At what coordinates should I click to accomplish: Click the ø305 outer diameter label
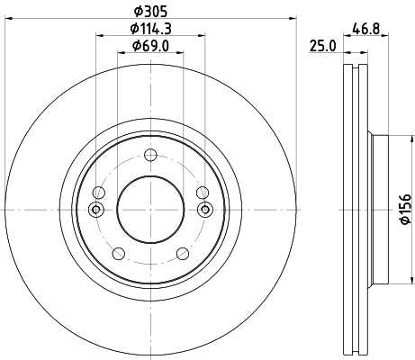pyautogui.click(x=150, y=12)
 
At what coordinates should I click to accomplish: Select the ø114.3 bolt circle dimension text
pyautogui.click(x=150, y=29)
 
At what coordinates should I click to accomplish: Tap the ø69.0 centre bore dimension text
pyautogui.click(x=150, y=46)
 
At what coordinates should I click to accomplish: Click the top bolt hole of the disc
pyautogui.click(x=150, y=155)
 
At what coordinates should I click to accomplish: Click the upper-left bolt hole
pyautogui.click(x=99, y=193)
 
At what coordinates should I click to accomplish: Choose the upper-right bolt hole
pyautogui.click(x=202, y=193)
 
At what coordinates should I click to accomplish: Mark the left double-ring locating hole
pyautogui.click(x=96, y=210)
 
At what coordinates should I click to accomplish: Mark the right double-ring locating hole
pyautogui.click(x=204, y=210)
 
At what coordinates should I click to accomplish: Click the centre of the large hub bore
pyautogui.click(x=150, y=209)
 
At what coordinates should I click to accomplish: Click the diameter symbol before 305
pyautogui.click(x=137, y=12)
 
